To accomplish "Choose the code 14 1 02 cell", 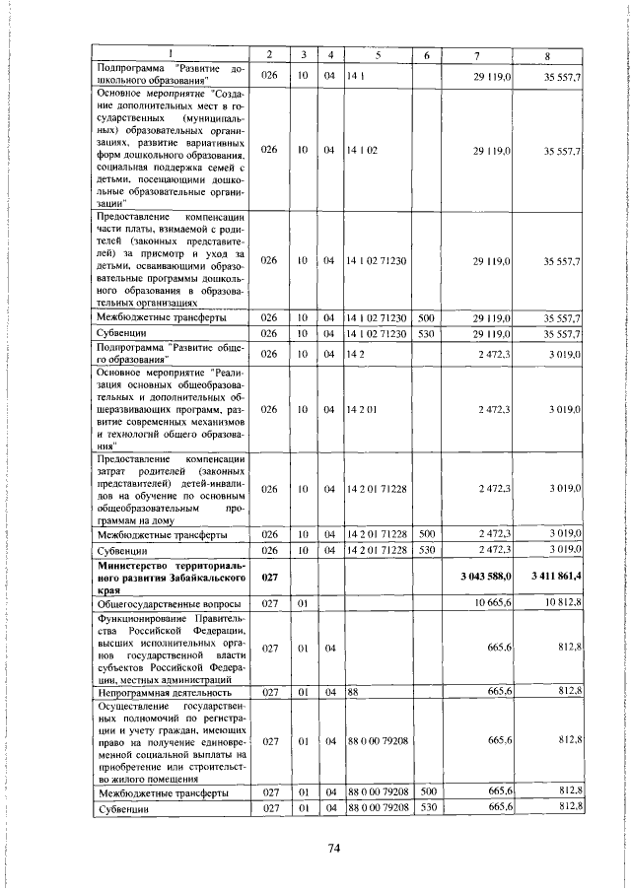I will click(x=363, y=150).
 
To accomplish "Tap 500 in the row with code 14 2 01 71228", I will click(x=426, y=533).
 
